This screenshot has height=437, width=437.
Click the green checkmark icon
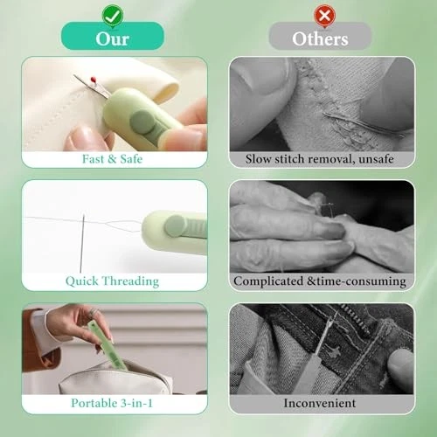(x=113, y=16)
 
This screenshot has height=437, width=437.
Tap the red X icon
(x=324, y=16)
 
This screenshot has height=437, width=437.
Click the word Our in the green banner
(x=113, y=38)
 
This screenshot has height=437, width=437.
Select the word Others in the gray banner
(x=320, y=38)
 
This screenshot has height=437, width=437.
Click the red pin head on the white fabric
(x=94, y=79)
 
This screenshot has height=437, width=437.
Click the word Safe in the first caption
(x=131, y=159)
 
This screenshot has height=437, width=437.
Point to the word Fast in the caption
(x=93, y=159)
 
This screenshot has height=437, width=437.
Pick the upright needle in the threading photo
(x=82, y=243)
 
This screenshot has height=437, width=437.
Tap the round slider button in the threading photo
(x=175, y=225)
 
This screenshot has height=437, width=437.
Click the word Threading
(x=131, y=281)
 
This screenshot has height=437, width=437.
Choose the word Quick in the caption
(x=82, y=281)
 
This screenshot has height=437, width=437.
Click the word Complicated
(x=268, y=281)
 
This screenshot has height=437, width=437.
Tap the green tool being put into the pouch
(x=108, y=345)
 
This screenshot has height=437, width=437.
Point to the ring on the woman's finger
(x=92, y=312)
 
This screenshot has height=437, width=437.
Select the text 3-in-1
(x=136, y=404)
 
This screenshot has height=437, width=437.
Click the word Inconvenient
(x=320, y=404)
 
